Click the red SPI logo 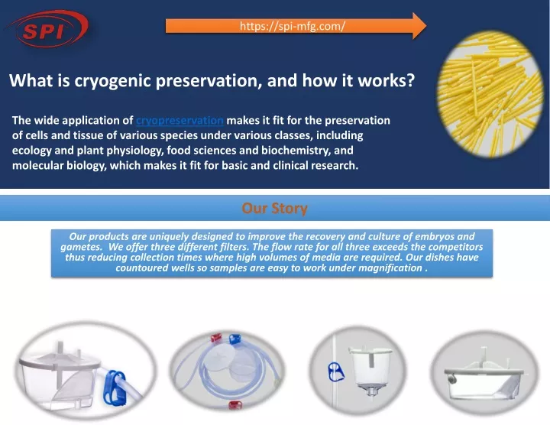tap(47, 29)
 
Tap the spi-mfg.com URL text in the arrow tap(293, 26)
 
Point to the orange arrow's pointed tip tap(426, 26)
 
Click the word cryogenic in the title tap(112, 81)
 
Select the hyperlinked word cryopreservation tap(180, 120)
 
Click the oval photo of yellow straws tap(490, 94)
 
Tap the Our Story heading tap(275, 208)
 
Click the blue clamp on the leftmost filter tap(114, 386)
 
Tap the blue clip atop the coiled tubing tap(235, 339)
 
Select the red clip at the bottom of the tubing tap(235, 404)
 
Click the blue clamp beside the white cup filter tap(336, 372)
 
